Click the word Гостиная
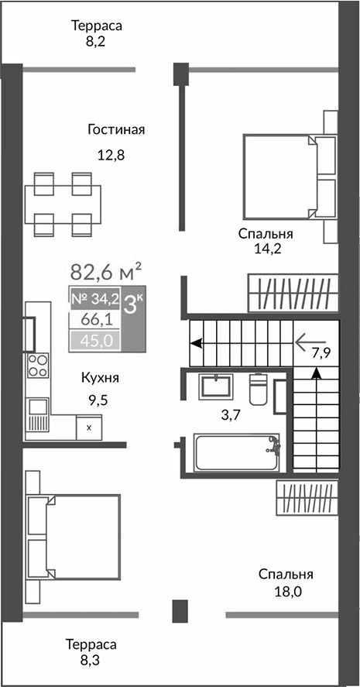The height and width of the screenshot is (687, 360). click(116, 129)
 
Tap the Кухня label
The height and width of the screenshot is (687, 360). click(102, 379)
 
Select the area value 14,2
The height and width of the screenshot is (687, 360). click(265, 249)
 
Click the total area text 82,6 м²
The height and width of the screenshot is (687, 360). click(106, 272)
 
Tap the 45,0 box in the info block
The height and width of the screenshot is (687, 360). click(94, 339)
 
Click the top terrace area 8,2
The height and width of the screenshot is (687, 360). click(97, 33)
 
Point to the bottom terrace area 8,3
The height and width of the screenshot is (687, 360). click(91, 652)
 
